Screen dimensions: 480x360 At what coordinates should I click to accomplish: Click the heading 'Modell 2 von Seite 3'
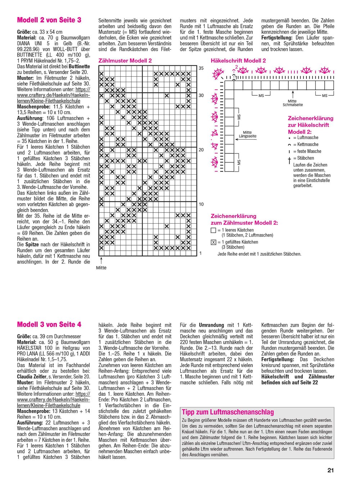pos(49,20)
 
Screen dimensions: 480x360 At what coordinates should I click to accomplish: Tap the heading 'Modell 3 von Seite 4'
pos(49,325)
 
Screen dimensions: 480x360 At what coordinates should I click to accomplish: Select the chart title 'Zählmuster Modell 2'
pos(125,61)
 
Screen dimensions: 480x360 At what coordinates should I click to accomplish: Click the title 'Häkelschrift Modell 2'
pos(238,61)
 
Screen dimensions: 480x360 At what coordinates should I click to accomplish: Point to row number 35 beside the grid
pos(201,68)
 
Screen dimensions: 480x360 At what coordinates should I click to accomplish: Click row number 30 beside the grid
pos(201,95)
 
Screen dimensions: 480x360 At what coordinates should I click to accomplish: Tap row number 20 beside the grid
pos(201,150)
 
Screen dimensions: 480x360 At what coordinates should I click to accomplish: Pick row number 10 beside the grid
pos(201,204)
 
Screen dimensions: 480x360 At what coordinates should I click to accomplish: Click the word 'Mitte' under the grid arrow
pos(101,268)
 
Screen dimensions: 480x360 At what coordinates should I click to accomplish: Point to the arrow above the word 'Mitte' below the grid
pos(101,260)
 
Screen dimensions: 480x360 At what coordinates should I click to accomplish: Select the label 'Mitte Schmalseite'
pos(292,103)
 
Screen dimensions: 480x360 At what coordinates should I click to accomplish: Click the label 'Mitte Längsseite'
pos(248,134)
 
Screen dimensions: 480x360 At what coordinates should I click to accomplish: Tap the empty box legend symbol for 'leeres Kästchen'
pos(213,230)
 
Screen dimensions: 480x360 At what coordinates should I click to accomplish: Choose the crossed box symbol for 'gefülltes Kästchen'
pos(213,242)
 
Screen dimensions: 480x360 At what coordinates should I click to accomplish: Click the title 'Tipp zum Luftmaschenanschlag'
pos(228,412)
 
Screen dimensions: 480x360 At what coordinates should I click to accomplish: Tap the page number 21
pos(331,470)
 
